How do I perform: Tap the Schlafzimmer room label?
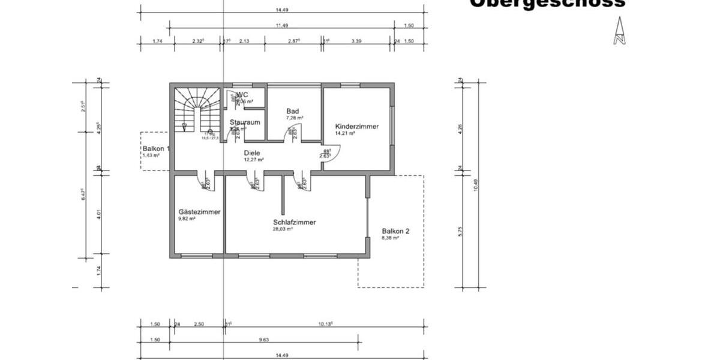[x=294, y=222]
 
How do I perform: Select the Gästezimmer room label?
[x=199, y=212]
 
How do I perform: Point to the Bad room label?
[x=292, y=111]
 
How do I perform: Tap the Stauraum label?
[x=245, y=122]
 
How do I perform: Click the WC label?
[x=242, y=95]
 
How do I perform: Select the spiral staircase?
[x=196, y=108]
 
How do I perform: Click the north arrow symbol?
[x=619, y=31]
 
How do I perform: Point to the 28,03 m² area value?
[x=282, y=229]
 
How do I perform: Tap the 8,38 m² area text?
[x=391, y=238]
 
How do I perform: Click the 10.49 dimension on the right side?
[x=475, y=186]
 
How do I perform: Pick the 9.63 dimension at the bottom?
[x=263, y=340]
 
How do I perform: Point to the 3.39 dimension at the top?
[x=356, y=41]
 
